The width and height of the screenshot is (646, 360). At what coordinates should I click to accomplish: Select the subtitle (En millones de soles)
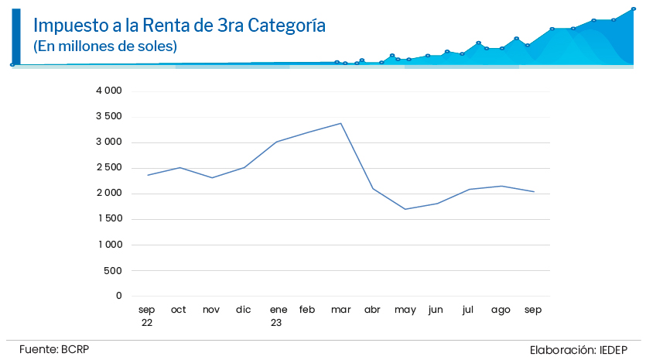tap(105, 46)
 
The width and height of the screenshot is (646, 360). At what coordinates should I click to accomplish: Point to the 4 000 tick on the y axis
tap(109, 91)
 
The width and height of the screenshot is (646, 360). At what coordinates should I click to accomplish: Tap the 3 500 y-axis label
tap(109, 116)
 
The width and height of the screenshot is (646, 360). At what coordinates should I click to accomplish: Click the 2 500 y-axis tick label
tap(109, 167)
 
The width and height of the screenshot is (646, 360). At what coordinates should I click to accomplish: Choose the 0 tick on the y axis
tap(119, 296)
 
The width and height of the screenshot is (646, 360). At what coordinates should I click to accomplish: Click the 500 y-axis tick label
tap(113, 270)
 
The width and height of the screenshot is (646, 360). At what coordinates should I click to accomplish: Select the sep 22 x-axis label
tap(147, 316)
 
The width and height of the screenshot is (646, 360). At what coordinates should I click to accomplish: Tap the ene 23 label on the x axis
tap(279, 316)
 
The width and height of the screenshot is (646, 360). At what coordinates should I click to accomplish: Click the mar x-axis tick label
tap(341, 310)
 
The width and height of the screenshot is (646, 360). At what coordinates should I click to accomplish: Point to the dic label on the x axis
tap(244, 310)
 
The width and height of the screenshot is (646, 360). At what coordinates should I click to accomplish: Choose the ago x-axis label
tap(501, 310)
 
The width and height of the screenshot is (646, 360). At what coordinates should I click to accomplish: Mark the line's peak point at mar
tap(341, 123)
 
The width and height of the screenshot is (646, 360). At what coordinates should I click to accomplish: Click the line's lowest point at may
tap(405, 209)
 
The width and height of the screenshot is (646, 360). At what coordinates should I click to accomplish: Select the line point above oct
tap(179, 167)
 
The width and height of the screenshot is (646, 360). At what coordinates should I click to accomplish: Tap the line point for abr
tap(373, 188)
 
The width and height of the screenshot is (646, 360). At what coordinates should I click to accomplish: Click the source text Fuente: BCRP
tap(54, 349)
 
